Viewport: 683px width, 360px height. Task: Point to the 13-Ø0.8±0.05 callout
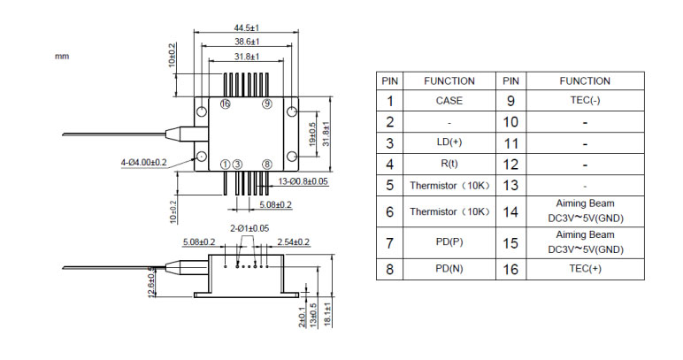coord(303,181)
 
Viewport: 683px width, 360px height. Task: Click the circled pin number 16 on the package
coord(225,104)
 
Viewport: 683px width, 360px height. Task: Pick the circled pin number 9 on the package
coord(267,104)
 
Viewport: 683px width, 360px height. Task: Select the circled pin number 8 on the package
coord(267,165)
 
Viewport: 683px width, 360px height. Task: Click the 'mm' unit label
coord(62,57)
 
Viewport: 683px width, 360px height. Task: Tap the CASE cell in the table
coord(449,101)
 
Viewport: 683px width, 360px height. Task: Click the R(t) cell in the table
coord(449,164)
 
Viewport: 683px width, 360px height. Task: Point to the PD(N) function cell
coord(449,269)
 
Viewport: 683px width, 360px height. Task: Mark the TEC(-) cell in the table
coord(585,101)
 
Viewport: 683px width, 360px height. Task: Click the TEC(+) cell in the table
coord(585,269)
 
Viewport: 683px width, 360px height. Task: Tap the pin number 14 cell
coord(510,211)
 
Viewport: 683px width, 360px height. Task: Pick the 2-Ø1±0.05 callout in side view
coord(249,229)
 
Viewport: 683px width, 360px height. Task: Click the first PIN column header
coord(389,80)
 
